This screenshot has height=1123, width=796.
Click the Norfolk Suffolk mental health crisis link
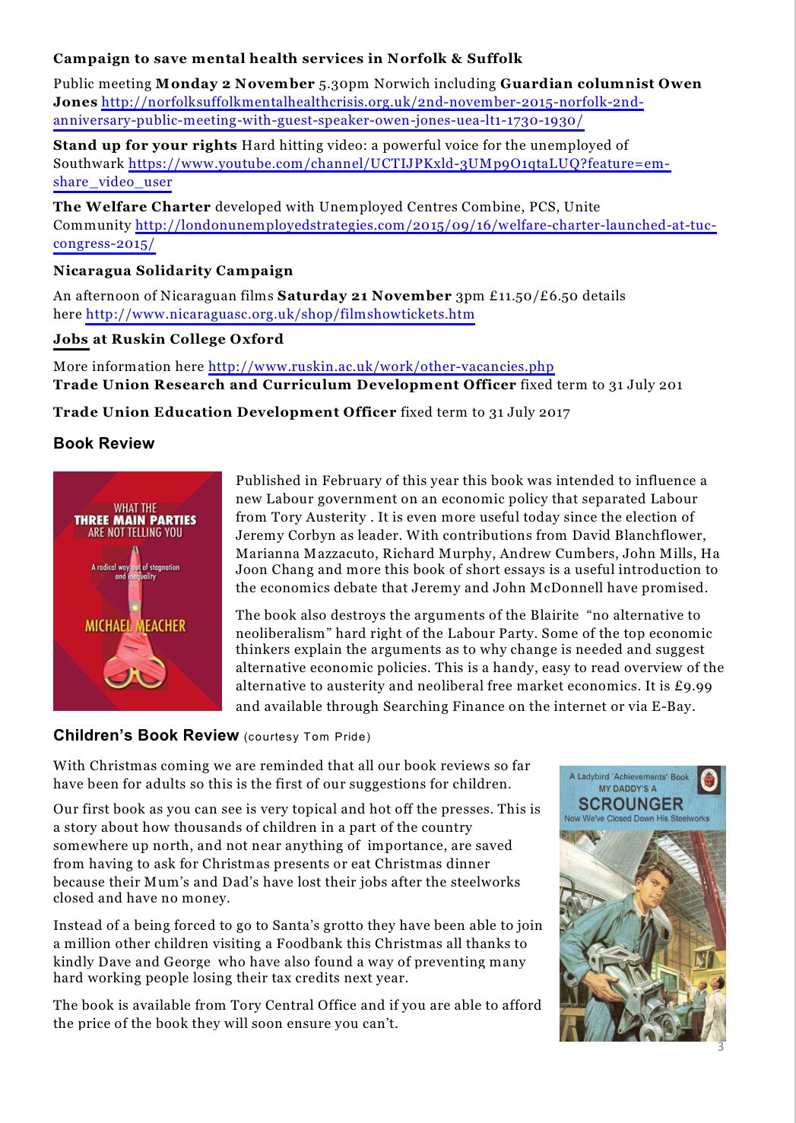tap(373, 103)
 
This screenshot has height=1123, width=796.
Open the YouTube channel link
tap(399, 163)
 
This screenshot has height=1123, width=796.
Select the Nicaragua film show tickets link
tap(280, 315)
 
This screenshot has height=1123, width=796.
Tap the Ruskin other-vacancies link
tap(381, 366)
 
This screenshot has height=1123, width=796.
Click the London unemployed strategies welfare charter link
tap(426, 226)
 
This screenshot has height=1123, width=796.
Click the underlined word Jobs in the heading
tap(71, 339)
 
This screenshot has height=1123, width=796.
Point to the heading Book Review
tap(103, 444)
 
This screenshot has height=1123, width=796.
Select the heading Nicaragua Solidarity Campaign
tap(173, 271)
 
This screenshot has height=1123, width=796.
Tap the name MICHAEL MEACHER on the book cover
tap(135, 626)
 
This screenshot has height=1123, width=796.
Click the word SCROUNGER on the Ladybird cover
tap(631, 804)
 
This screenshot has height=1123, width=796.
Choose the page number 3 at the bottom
tap(721, 1048)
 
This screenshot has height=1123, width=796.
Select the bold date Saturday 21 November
tap(364, 296)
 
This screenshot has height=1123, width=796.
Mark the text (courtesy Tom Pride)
tap(307, 737)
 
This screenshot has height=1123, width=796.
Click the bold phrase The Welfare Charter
tap(132, 207)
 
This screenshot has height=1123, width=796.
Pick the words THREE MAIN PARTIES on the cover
tap(135, 520)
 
